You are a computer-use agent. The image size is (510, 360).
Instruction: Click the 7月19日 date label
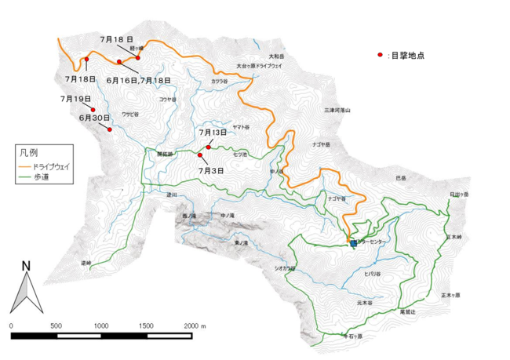point(75,99)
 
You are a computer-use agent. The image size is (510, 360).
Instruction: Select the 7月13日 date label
point(213,133)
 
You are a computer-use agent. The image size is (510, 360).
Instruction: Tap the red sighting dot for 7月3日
point(199,155)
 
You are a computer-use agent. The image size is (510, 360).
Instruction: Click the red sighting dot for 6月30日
point(110,129)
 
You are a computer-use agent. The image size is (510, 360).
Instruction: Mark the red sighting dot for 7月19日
point(93,109)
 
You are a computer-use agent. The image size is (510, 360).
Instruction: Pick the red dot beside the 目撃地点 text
point(379,56)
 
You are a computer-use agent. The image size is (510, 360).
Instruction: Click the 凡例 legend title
point(30,151)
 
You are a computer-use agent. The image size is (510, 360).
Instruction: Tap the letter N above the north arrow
point(26,266)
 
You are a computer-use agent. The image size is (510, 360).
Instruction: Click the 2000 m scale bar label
point(195,324)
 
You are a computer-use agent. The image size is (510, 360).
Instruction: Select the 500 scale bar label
point(56,324)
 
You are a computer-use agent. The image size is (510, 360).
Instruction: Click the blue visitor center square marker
point(353,243)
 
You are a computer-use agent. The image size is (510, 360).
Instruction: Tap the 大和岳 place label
point(275,56)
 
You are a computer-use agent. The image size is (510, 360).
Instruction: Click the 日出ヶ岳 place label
point(459,194)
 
